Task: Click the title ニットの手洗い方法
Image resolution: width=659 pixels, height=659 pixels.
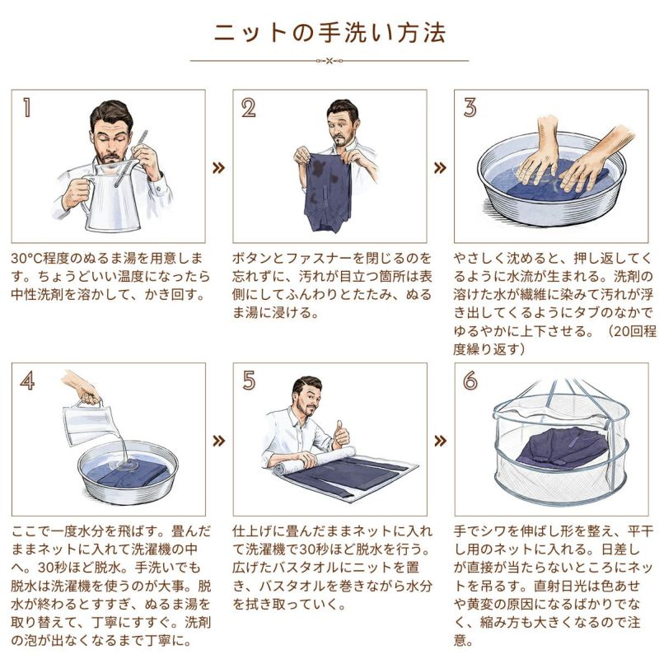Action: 329,33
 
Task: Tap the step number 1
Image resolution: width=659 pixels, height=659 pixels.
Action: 27,108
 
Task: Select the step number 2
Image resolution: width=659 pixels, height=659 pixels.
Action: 249,108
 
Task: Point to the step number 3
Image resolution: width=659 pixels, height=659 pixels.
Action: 470,107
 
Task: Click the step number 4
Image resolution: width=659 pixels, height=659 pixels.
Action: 27,381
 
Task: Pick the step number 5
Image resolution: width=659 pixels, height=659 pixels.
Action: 249,381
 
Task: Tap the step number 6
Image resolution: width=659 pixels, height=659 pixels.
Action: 470,381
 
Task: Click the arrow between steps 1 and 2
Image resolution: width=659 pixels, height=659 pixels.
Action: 218,168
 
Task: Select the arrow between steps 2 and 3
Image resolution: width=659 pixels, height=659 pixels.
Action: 440,168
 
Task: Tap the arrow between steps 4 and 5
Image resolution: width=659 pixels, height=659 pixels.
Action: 218,441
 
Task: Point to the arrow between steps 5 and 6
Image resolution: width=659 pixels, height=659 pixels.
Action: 440,441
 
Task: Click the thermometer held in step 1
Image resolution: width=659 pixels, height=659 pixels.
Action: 130,159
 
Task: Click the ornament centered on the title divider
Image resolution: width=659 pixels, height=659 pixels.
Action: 329,61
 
